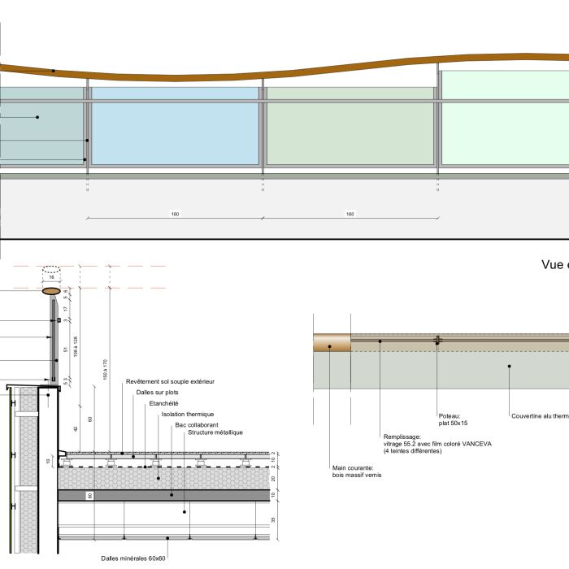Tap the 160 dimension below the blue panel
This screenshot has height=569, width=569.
point(175,214)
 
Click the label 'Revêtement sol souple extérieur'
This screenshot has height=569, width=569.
point(170,381)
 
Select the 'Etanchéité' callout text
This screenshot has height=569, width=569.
point(163,403)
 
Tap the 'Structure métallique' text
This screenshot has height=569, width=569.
point(215,432)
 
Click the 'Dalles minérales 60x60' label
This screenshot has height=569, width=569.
point(133,558)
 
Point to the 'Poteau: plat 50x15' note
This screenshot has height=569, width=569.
point(453,419)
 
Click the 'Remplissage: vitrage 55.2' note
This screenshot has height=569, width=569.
point(437,444)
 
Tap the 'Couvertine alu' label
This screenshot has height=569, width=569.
point(540,416)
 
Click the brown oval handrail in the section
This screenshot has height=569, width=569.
point(51,290)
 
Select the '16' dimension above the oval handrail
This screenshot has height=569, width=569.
point(51,277)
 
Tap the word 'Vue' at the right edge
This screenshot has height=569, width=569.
point(554,264)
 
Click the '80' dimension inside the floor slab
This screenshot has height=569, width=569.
point(89,495)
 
